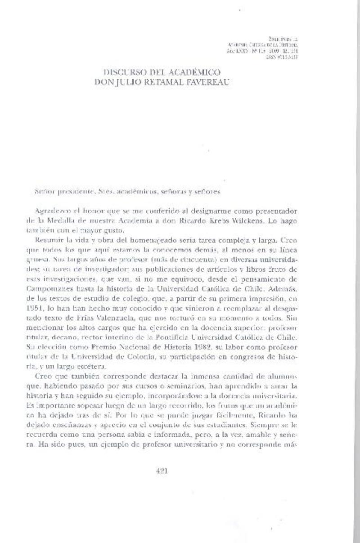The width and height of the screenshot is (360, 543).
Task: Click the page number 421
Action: [x=161, y=471]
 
